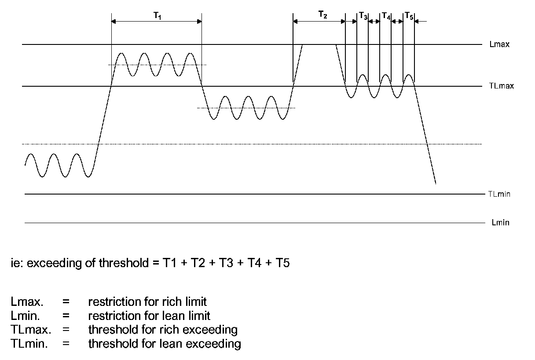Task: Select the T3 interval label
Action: pos(363,16)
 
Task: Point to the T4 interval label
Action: pos(386,16)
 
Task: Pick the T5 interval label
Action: pos(409,16)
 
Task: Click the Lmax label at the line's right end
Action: pos(499,44)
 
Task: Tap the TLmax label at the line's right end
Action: pos(501,86)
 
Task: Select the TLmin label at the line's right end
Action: pos(499,194)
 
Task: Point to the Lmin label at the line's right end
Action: pos(500,223)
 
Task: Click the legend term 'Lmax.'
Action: pos(23,302)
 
